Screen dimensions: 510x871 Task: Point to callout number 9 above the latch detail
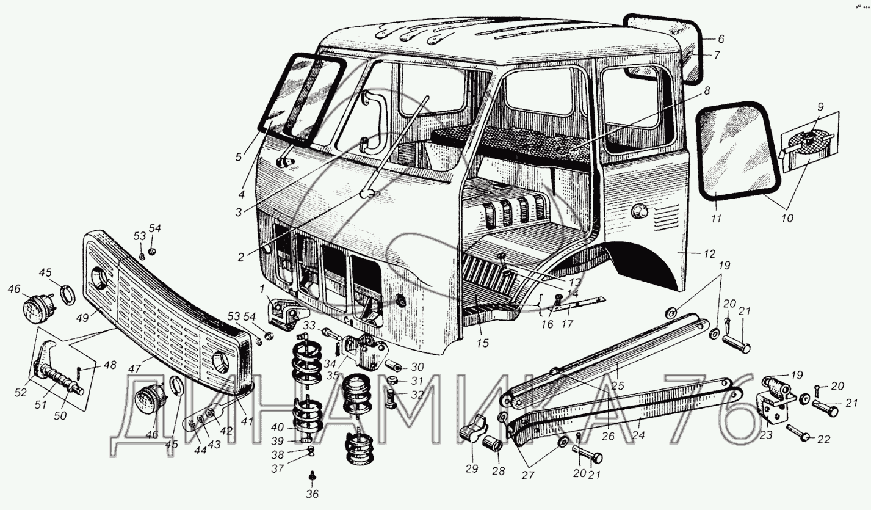[820, 107]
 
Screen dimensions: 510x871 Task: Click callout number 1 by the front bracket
[261, 288]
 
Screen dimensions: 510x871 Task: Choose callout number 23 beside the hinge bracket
[766, 435]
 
